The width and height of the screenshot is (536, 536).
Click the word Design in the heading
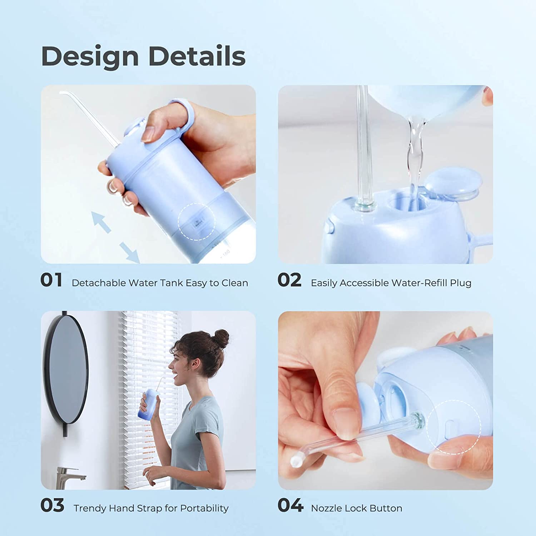point(90,57)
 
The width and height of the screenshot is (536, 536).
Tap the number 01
point(51,280)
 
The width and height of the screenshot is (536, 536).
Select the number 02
point(289,280)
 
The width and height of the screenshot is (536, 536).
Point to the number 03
point(52,505)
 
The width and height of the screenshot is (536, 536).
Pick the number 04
point(290,505)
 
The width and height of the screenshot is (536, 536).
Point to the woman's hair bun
point(221,338)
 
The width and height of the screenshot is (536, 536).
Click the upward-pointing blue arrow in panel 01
point(101,222)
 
